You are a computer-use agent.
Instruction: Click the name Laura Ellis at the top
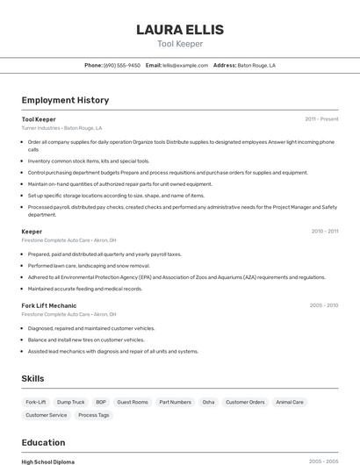pos(179,30)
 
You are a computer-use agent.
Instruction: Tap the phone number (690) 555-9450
pos(121,65)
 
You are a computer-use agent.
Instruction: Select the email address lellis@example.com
pos(178,65)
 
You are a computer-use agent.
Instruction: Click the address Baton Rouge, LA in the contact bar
pos(256,65)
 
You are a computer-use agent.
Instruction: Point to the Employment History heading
pos(65,100)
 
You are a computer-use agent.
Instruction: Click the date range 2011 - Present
pos(321,118)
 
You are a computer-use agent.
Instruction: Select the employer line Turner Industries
pos(61,127)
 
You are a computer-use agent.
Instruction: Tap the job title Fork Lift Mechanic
pos(49,305)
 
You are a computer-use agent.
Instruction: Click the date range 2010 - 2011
pos(324,231)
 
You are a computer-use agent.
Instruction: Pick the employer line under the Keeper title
pos(68,240)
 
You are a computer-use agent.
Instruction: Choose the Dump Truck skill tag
pos(72,402)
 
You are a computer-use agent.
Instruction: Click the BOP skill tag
pos(101,402)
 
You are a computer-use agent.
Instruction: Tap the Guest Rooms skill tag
pos(133,402)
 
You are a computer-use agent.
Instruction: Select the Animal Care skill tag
pos(290,402)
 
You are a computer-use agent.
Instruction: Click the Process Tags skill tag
pos(94,415)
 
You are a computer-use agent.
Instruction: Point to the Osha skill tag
pos(208,402)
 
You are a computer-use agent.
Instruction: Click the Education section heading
pos(43,442)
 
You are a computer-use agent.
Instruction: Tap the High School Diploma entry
pos(48,461)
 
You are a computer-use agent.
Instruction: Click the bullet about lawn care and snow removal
pos(89,265)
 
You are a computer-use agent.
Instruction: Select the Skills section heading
pos(33,378)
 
